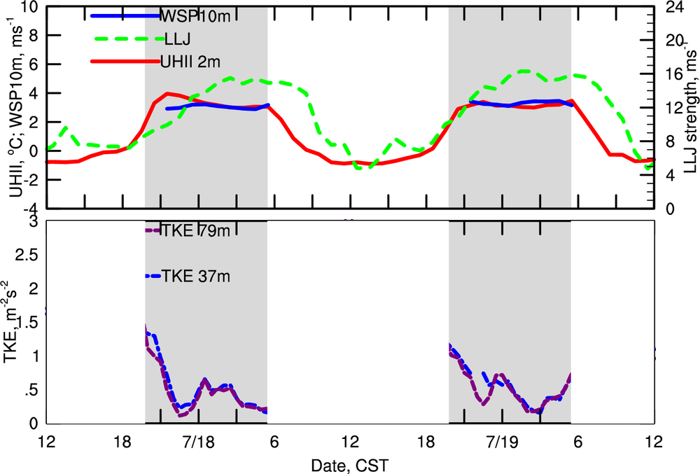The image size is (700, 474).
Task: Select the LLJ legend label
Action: point(173,39)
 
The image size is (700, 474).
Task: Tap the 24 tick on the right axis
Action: point(671,8)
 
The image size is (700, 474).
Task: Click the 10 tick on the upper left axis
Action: point(28,8)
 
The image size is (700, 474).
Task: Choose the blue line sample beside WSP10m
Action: point(126,15)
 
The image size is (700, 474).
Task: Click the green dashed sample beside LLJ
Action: point(126,39)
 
